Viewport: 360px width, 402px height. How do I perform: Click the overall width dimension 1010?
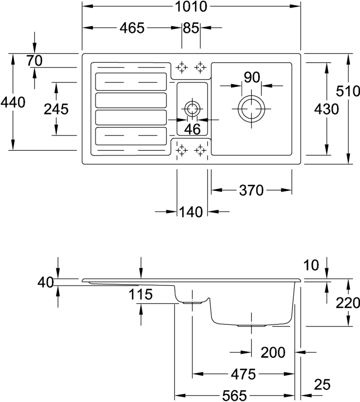tap(191, 6)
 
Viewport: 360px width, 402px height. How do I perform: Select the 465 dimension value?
tap(132, 28)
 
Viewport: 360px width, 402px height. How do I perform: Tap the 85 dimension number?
tap(191, 28)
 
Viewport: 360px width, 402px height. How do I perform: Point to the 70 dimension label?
tap(34, 61)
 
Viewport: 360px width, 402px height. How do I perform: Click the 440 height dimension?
tap(13, 102)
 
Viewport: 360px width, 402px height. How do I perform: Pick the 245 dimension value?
tap(56, 109)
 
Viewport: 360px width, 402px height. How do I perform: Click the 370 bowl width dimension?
tap(251, 191)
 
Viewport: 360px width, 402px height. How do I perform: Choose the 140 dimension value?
tap(191, 212)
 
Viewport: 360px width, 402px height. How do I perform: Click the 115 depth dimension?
tap(140, 294)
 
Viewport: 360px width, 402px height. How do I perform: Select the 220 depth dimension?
tap(348, 303)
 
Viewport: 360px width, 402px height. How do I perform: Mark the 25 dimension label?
tap(322, 384)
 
